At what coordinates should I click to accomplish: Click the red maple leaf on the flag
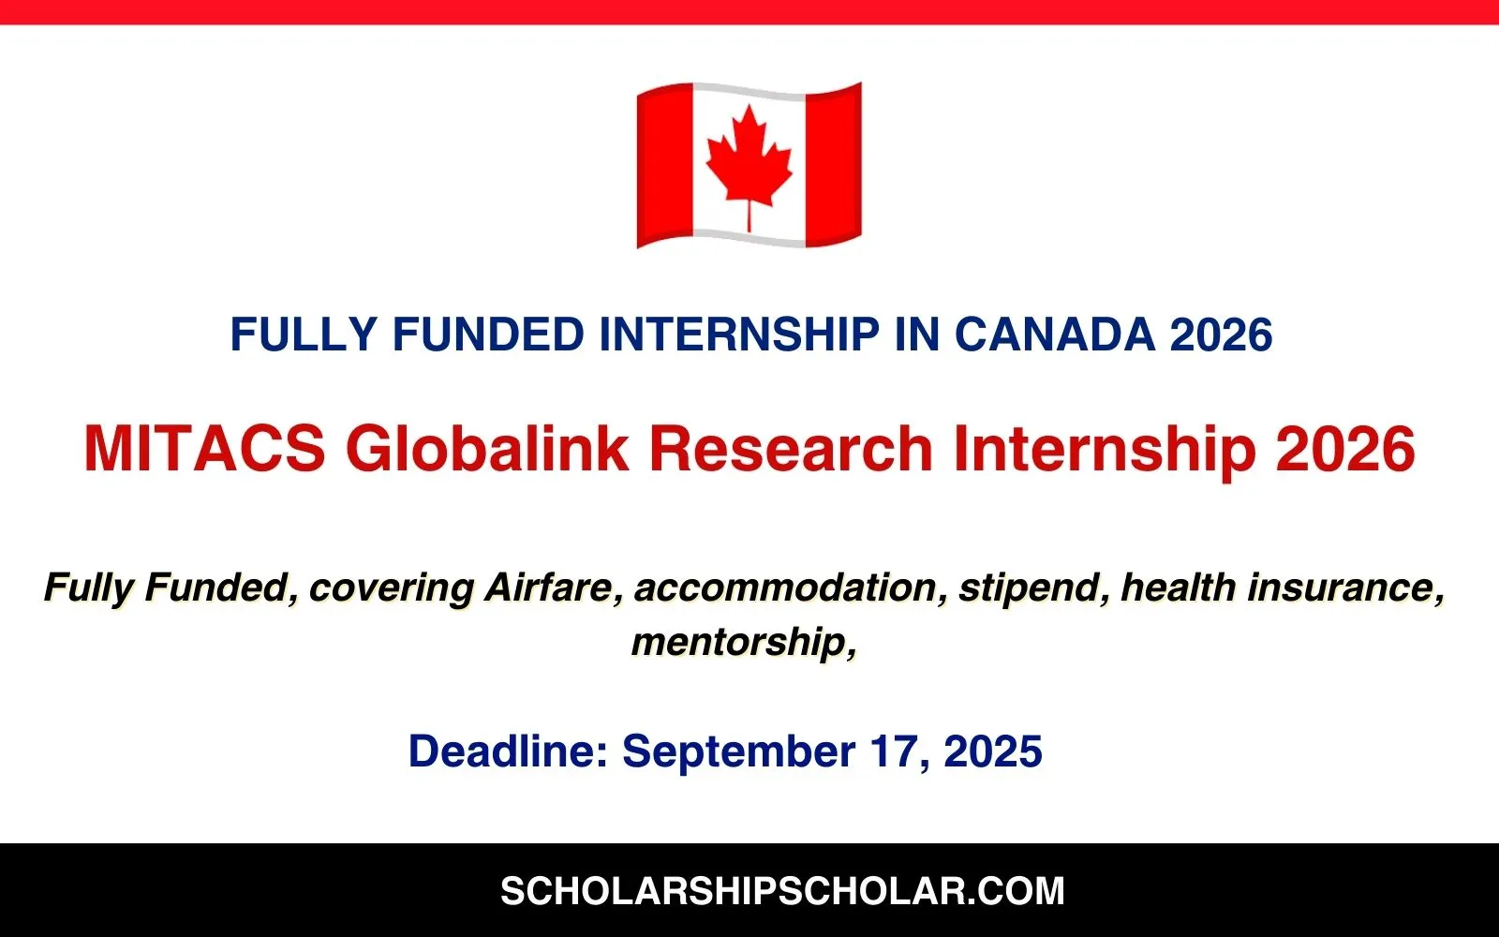click(x=749, y=159)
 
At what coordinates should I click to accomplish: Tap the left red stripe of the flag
click(x=664, y=167)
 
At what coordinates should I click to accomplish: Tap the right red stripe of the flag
click(x=833, y=164)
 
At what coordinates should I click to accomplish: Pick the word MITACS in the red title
click(x=204, y=448)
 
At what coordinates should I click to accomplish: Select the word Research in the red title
click(x=791, y=448)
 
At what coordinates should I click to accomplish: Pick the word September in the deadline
click(x=738, y=752)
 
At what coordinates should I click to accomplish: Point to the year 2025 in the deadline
click(x=993, y=751)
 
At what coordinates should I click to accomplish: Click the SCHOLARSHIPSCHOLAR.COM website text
click(x=782, y=890)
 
